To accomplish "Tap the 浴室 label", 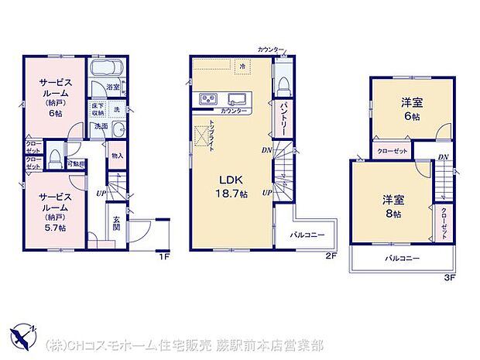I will pyautogui.click(x=112, y=87).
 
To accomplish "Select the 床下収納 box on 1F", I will pyautogui.click(x=98, y=108).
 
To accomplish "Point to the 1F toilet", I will pyautogui.click(x=55, y=158).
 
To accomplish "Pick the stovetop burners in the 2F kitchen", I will pyautogui.click(x=209, y=99).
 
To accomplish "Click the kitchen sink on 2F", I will pyautogui.click(x=238, y=98).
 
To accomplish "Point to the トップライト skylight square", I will pyautogui.click(x=203, y=135).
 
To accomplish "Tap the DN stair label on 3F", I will pyautogui.click(x=443, y=157).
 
